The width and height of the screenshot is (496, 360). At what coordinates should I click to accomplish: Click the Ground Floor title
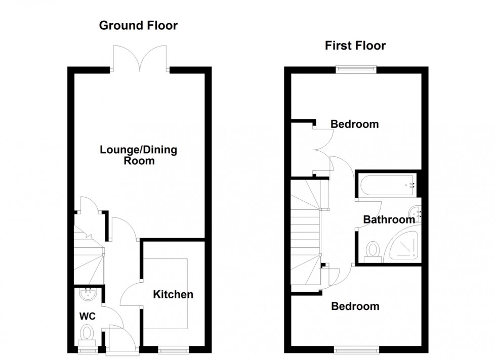coord(138,25)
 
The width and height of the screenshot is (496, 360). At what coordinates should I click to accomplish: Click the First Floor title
coord(355,46)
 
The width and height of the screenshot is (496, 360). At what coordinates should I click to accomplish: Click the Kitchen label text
coord(173,294)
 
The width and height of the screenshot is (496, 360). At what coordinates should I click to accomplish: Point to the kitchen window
coord(173,349)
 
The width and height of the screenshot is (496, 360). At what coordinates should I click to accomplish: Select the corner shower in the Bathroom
coord(404,248)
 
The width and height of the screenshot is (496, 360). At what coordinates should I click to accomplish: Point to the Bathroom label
coord(389,220)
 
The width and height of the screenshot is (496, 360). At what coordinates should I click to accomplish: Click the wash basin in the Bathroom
coord(415,211)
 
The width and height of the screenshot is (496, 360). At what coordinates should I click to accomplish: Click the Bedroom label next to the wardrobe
coord(354,124)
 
